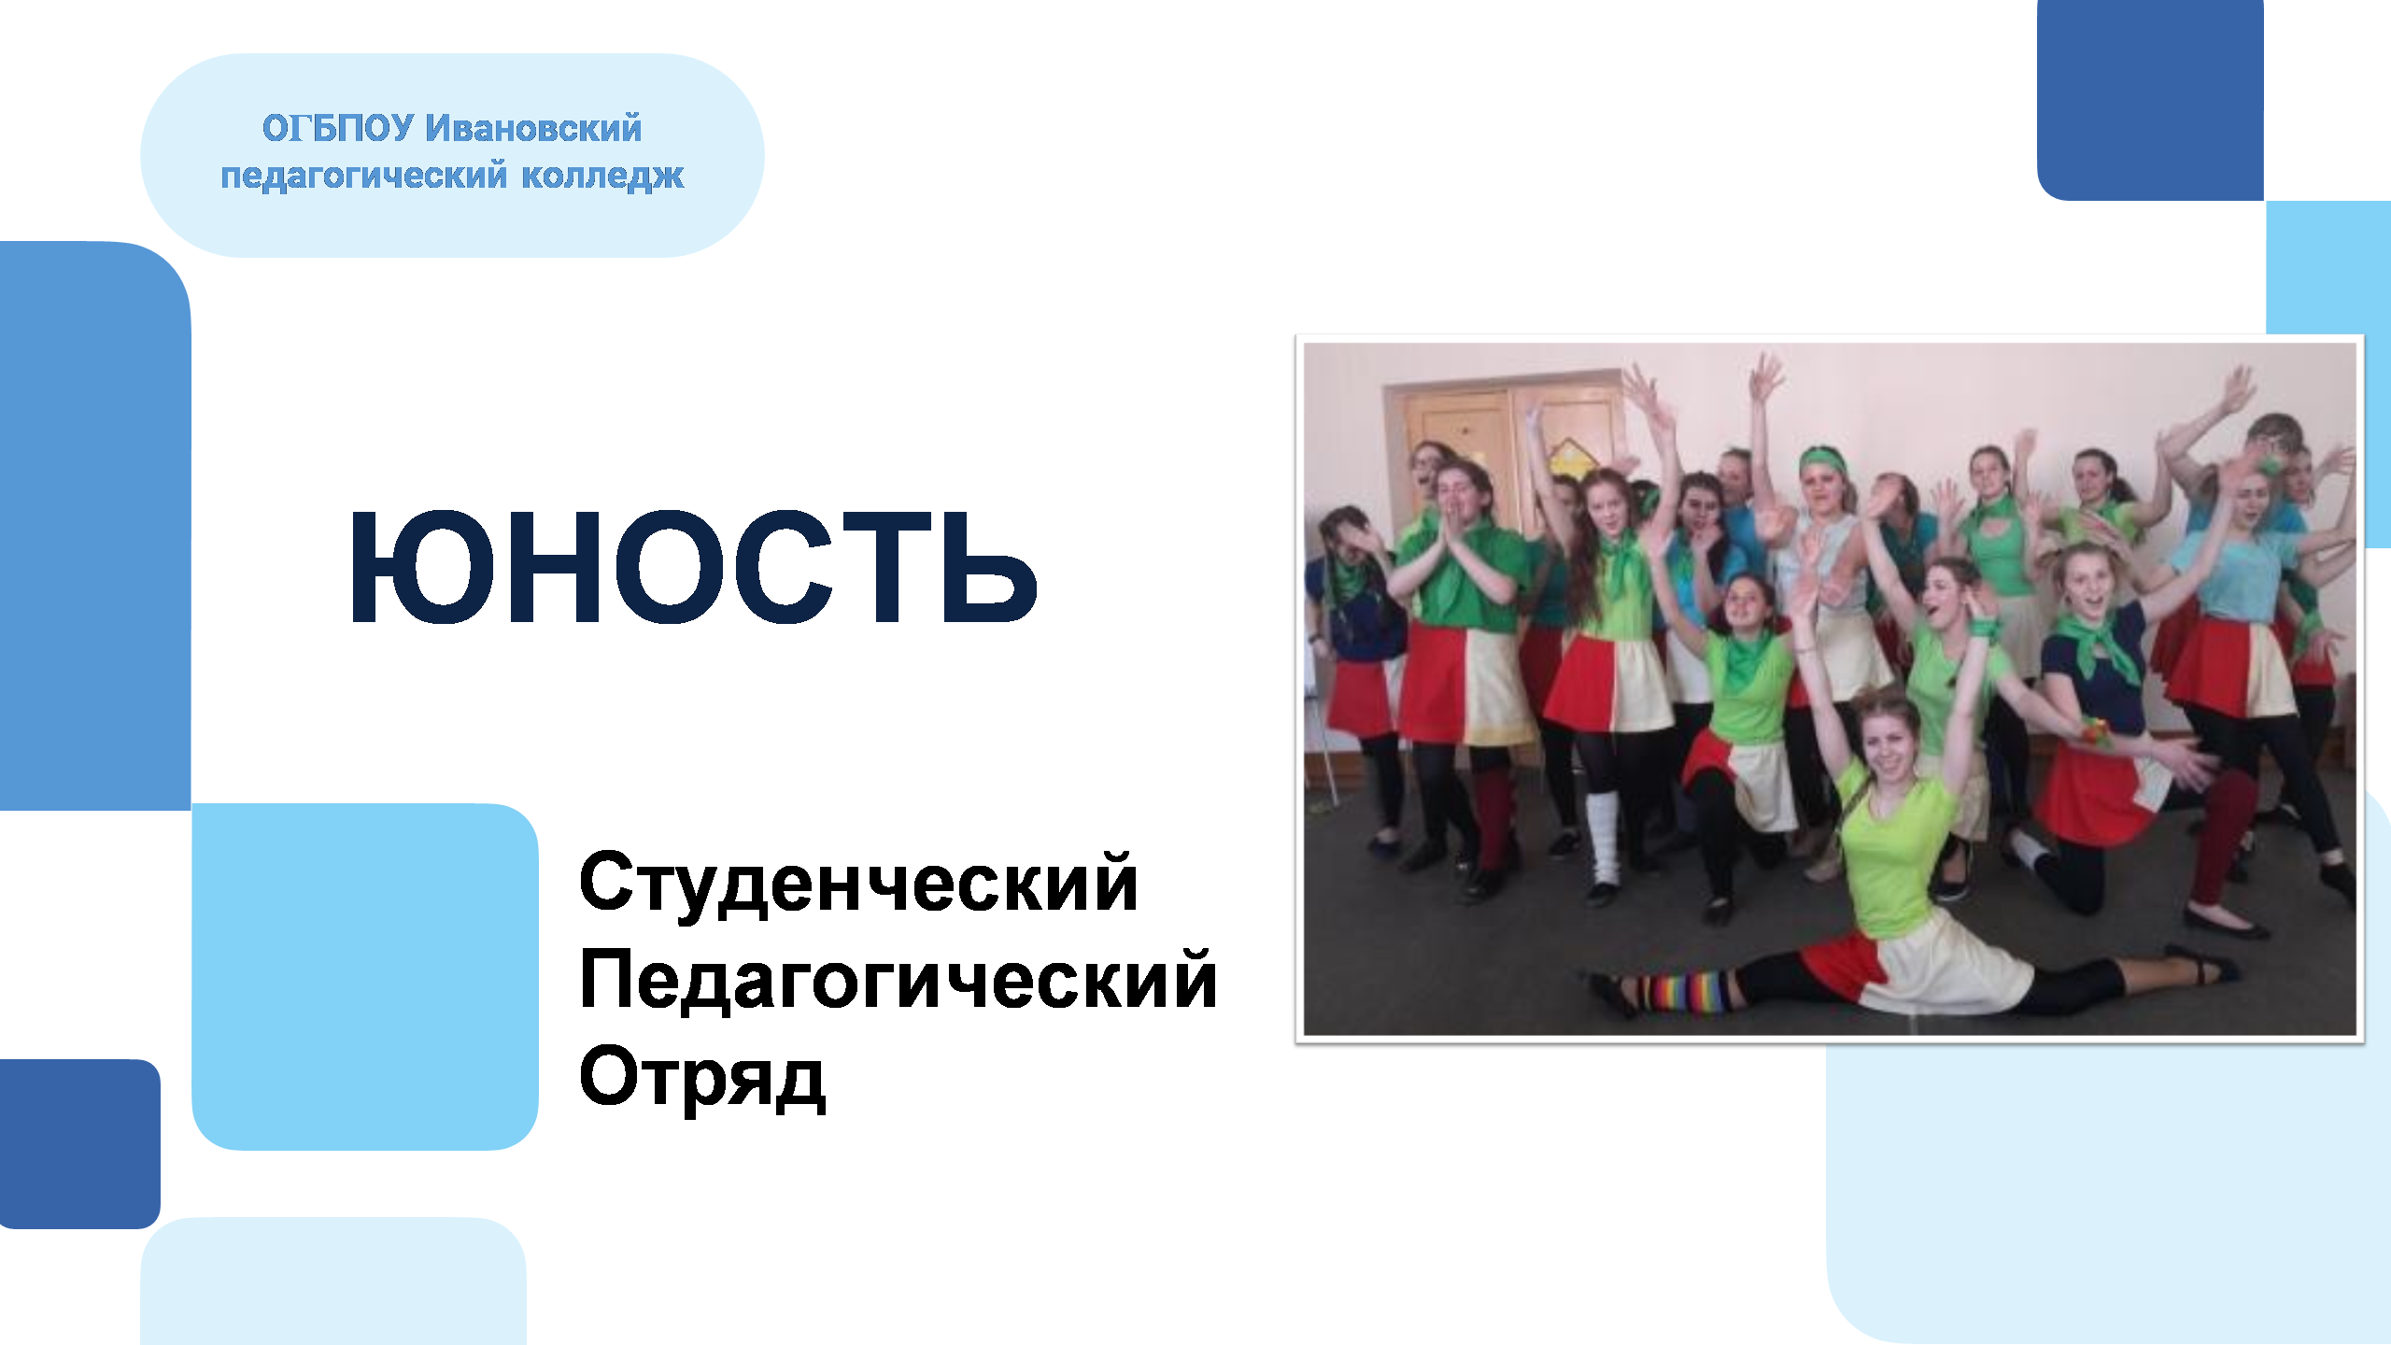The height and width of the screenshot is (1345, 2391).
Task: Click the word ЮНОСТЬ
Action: (x=693, y=567)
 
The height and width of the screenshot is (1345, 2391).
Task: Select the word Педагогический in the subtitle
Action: (x=898, y=982)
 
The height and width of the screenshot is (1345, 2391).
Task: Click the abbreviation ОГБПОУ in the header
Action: (x=337, y=128)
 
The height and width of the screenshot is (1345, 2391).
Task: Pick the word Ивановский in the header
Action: (x=533, y=128)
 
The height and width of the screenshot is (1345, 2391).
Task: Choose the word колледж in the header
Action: (x=602, y=176)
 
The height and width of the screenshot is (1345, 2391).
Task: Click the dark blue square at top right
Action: (x=2150, y=100)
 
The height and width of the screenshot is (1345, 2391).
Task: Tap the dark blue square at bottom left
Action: (x=79, y=1143)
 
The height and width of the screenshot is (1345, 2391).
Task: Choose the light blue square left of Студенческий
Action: (x=365, y=976)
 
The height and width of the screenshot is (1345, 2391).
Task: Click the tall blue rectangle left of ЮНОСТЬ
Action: (x=95, y=526)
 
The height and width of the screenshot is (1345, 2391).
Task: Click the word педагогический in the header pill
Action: (x=364, y=176)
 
